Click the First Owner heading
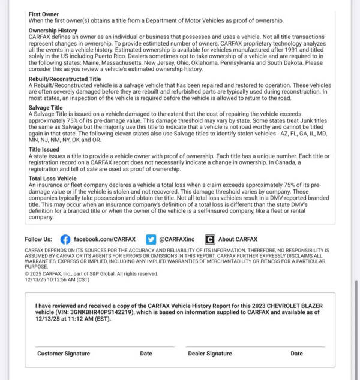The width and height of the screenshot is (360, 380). (x=43, y=13)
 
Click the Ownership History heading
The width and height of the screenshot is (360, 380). (x=53, y=30)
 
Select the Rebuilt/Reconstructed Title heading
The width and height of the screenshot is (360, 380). (x=65, y=79)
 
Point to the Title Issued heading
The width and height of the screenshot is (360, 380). (x=44, y=149)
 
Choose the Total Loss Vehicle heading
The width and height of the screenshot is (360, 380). (x=52, y=179)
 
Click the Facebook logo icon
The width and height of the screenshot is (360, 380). (x=65, y=239)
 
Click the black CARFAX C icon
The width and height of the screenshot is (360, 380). (x=210, y=239)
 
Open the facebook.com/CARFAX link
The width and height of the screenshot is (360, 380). (x=106, y=239)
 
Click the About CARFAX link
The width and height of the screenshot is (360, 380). (x=238, y=239)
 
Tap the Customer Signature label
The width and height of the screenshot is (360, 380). (x=64, y=354)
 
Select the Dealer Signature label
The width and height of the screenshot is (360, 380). (x=210, y=354)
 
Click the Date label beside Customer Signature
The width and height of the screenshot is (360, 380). (x=146, y=354)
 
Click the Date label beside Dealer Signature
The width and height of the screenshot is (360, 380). (x=296, y=354)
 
